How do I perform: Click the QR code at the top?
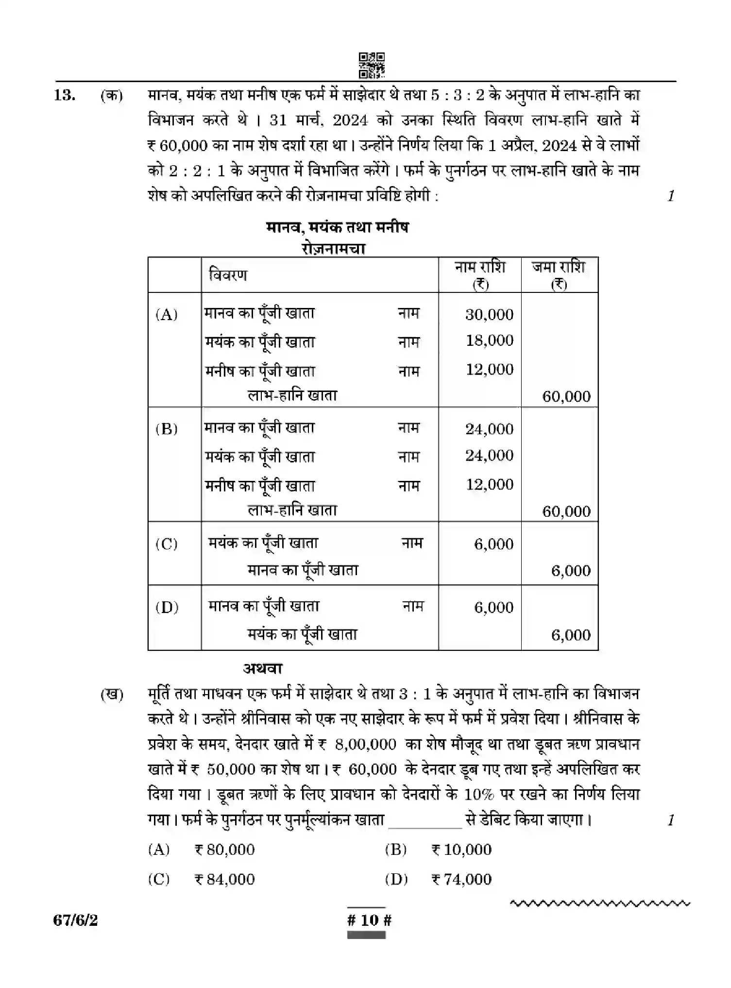click(x=372, y=65)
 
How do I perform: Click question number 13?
click(x=65, y=95)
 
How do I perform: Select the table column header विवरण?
click(x=228, y=275)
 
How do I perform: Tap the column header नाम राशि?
click(x=480, y=274)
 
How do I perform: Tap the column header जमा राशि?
click(x=559, y=274)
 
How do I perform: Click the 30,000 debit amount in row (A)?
click(x=489, y=314)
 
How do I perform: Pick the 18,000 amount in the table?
click(x=489, y=341)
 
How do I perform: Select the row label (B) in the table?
click(x=167, y=429)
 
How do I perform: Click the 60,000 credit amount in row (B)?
click(x=566, y=511)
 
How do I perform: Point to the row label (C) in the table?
click(x=167, y=544)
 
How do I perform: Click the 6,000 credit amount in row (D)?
click(x=571, y=635)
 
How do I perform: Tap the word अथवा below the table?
click(x=263, y=668)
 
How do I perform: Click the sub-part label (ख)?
click(x=112, y=695)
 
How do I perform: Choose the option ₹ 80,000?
click(x=224, y=850)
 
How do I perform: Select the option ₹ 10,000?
click(x=461, y=850)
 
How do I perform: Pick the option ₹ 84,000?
click(x=224, y=879)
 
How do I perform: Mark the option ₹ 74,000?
click(x=461, y=879)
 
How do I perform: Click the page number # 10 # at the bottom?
click(x=370, y=920)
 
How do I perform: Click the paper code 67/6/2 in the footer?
click(x=76, y=920)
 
